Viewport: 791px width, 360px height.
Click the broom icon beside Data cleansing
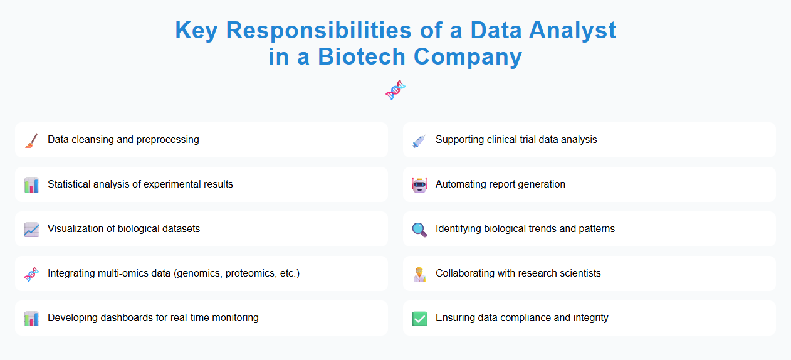(x=31, y=140)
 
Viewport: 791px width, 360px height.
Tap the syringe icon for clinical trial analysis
(x=419, y=140)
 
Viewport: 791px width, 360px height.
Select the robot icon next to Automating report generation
(x=419, y=184)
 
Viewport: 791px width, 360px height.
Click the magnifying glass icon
(x=419, y=229)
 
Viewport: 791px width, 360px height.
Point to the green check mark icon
(x=419, y=318)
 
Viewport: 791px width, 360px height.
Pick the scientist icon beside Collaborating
(x=419, y=273)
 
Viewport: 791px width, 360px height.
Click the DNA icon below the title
(x=395, y=90)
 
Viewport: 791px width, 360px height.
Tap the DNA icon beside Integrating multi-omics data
(x=31, y=273)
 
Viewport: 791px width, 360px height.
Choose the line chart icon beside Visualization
(x=31, y=229)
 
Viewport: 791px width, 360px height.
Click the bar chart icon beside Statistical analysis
(x=31, y=184)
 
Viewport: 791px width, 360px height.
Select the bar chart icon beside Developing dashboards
(x=31, y=318)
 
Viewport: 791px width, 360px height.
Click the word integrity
(x=590, y=318)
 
